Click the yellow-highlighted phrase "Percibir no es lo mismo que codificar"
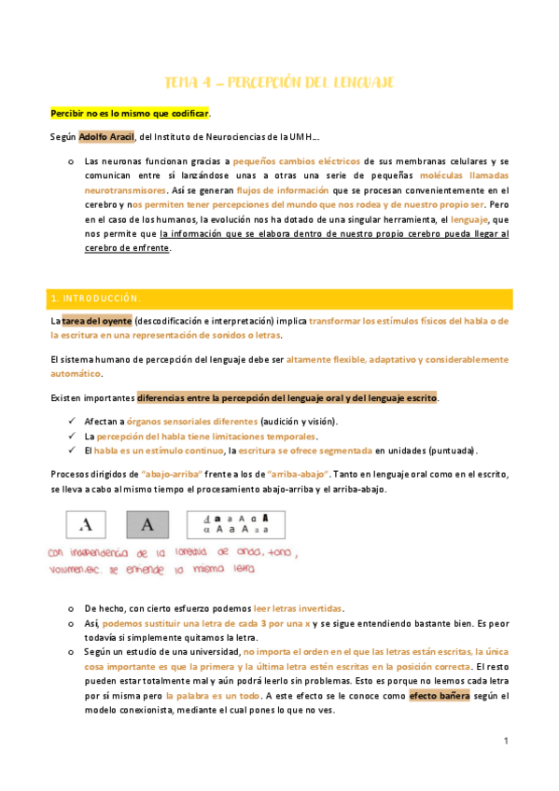point(130,113)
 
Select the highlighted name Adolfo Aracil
point(106,136)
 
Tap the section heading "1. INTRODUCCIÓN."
point(95,298)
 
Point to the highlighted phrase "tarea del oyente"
point(96,321)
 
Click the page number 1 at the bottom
point(505,742)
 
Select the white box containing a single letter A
point(87,525)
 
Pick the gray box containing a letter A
point(147,525)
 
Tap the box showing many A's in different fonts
point(236,524)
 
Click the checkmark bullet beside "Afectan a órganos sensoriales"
point(73,422)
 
